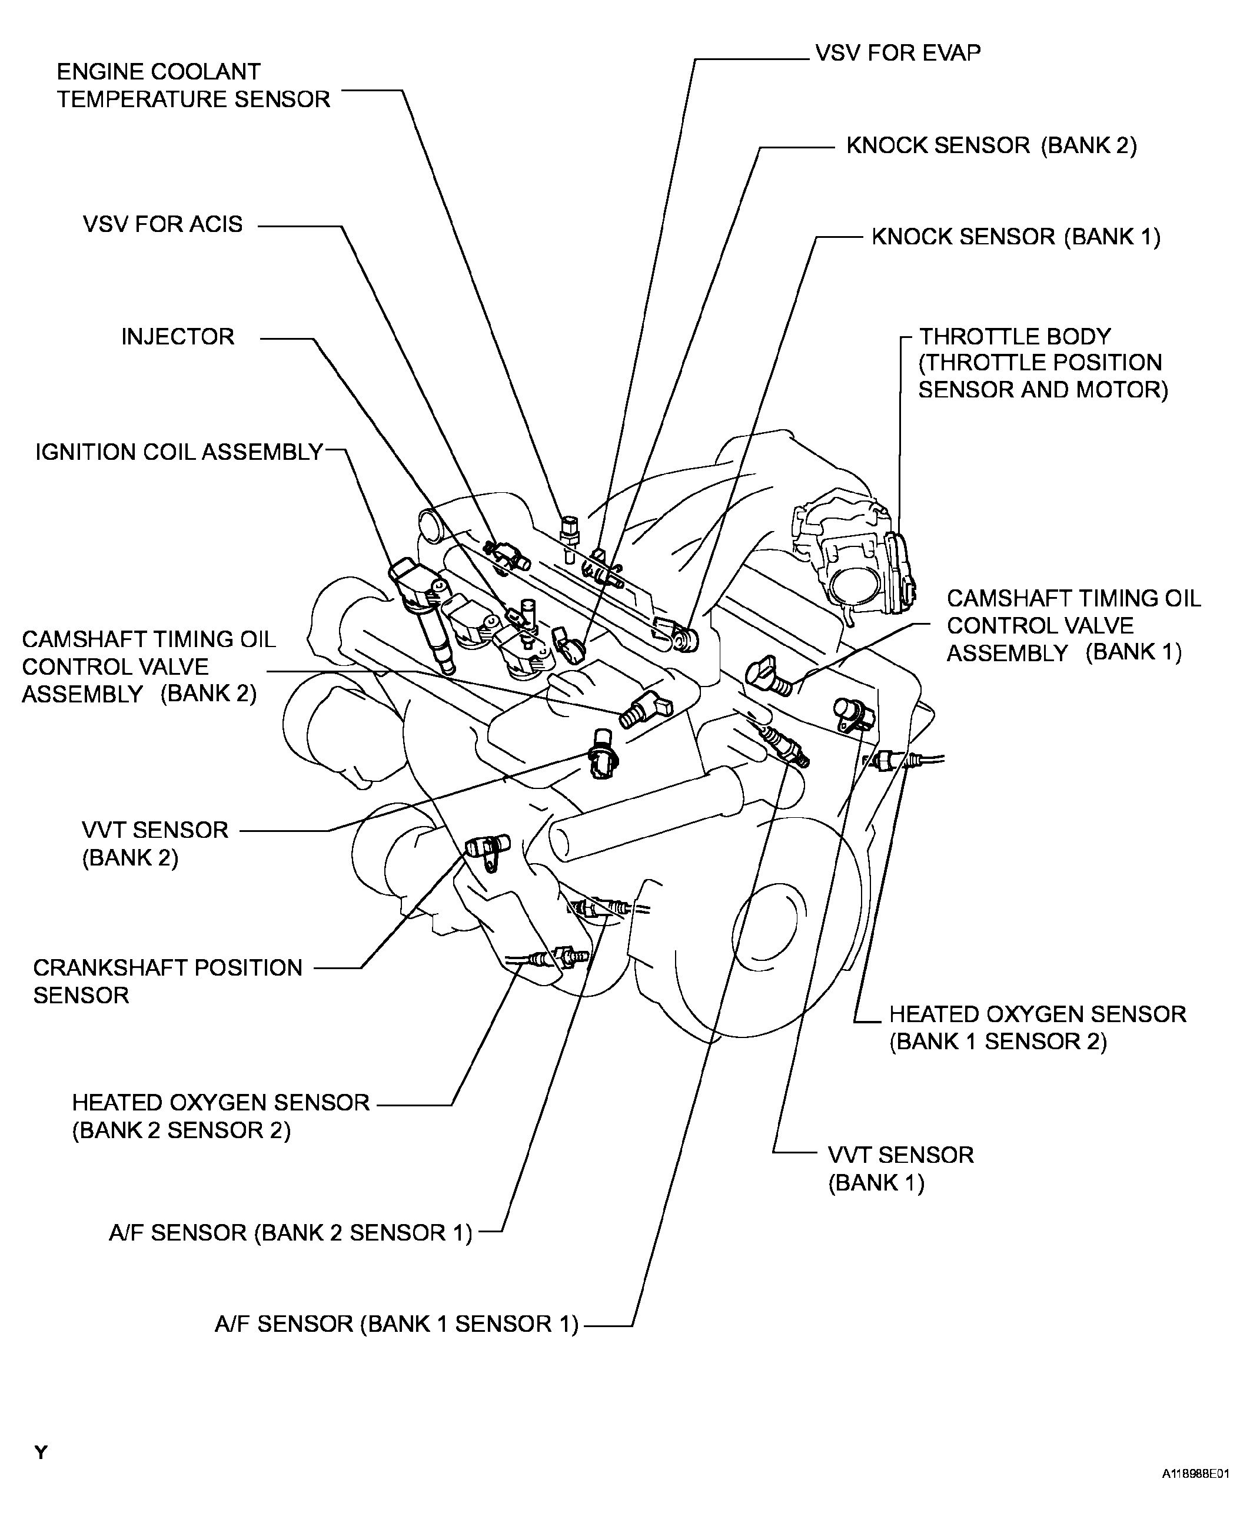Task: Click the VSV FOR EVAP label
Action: pyautogui.click(x=897, y=54)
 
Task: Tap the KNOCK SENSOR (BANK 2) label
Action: pyautogui.click(x=991, y=145)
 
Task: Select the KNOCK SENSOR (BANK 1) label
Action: pyautogui.click(x=1015, y=237)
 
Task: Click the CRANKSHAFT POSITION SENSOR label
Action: pyautogui.click(x=167, y=981)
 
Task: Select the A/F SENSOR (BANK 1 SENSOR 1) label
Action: pyautogui.click(x=396, y=1324)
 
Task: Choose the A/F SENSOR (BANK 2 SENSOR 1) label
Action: pyautogui.click(x=290, y=1232)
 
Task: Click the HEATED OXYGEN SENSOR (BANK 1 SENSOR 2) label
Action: pyautogui.click(x=1037, y=1027)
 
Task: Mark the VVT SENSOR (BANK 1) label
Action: pyautogui.click(x=900, y=1168)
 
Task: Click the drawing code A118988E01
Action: pyautogui.click(x=1195, y=1495)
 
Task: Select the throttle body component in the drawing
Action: pyautogui.click(x=853, y=558)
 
